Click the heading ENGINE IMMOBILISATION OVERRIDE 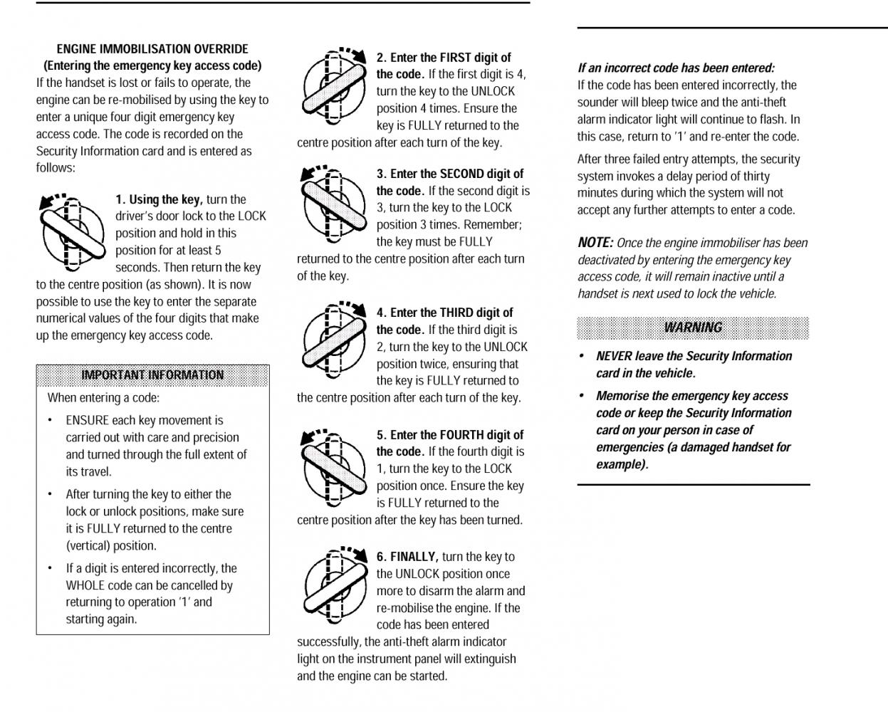coord(152,49)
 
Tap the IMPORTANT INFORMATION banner coord(152,375)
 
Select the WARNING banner coord(693,328)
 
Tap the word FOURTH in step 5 coord(470,435)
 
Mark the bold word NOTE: coord(595,243)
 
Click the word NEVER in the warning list coord(614,356)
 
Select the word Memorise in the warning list coord(622,396)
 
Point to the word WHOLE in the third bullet coord(86,585)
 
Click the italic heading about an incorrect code coord(676,68)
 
